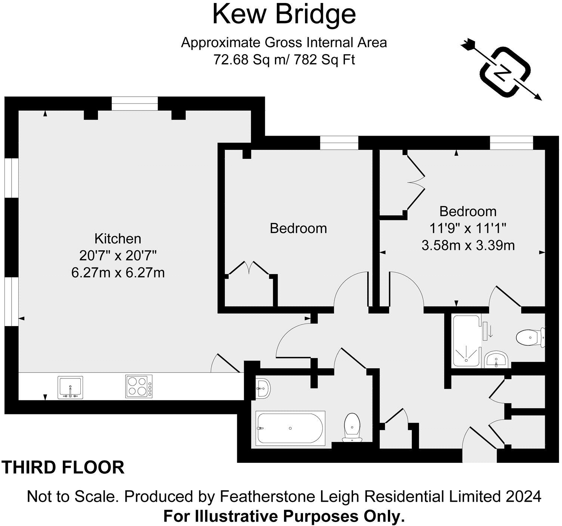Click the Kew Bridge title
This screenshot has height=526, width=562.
(284, 14)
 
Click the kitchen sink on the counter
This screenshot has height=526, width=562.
(70, 387)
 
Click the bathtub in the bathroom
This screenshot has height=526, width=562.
(290, 428)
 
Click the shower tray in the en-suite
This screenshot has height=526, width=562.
(466, 341)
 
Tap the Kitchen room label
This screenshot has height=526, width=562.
(118, 238)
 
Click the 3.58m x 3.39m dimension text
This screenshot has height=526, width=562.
(468, 245)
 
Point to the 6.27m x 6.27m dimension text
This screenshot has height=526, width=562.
(118, 273)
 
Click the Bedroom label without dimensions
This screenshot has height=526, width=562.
(298, 228)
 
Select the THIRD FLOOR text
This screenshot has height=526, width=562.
(64, 467)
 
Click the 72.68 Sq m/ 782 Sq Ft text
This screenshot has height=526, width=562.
(284, 60)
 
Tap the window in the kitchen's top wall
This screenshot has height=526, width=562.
(135, 103)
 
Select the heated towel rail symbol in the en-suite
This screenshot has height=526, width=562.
(485, 331)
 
